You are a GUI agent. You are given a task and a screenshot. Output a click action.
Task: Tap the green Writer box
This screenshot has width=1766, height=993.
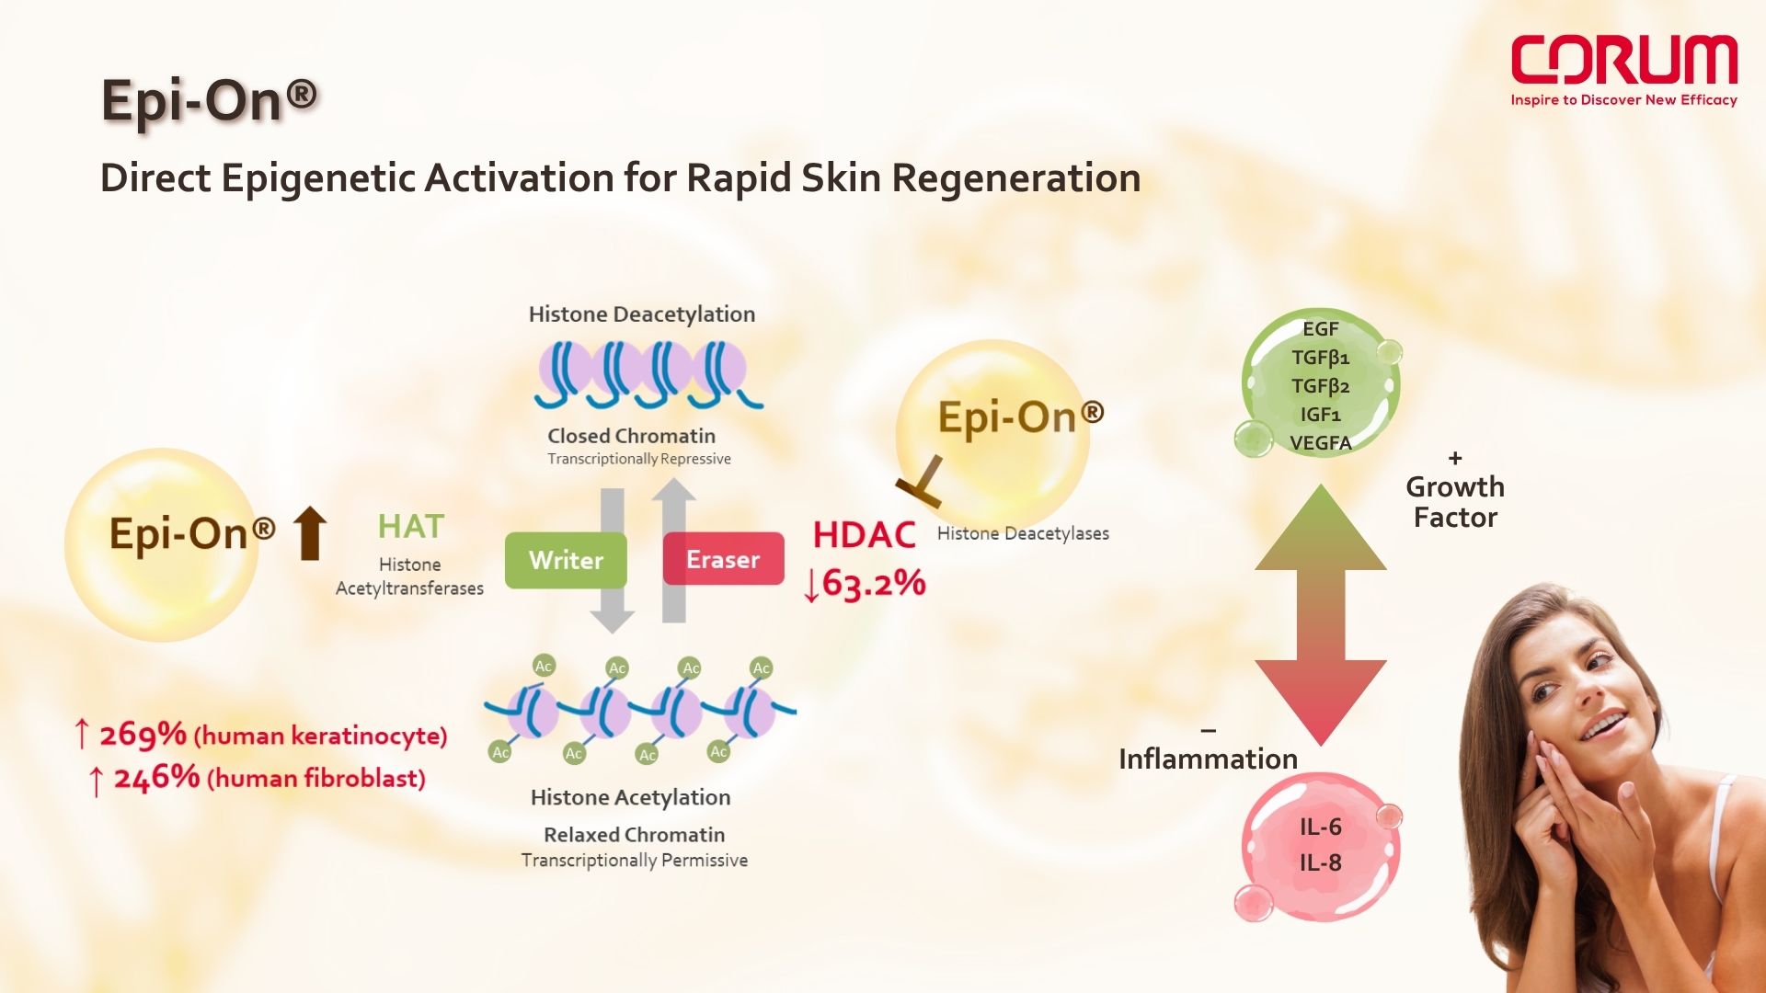(566, 560)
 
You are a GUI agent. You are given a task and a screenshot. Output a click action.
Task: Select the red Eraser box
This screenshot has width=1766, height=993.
(723, 559)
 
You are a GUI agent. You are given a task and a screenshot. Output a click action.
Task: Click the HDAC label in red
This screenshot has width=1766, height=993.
(864, 535)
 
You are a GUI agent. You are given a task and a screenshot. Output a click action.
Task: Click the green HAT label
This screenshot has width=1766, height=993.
(411, 527)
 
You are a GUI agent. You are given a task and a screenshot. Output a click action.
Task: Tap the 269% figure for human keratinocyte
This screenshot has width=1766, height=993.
(143, 735)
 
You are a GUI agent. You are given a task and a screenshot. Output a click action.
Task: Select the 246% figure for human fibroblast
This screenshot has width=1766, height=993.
(156, 778)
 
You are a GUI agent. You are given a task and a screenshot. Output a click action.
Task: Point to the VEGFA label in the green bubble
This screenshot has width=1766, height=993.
(1321, 443)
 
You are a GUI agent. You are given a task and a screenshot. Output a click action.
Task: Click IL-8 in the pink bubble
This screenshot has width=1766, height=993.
(1321, 862)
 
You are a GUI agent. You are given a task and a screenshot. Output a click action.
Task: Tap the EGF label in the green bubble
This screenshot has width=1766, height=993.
(1321, 329)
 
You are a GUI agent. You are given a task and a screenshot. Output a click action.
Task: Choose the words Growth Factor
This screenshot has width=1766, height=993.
(1455, 502)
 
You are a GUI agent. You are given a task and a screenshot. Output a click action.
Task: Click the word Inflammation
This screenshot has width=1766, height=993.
(1208, 759)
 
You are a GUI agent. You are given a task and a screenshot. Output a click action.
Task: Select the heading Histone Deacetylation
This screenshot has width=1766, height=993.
(642, 314)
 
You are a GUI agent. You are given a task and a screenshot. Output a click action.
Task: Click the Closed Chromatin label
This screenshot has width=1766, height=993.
(631, 436)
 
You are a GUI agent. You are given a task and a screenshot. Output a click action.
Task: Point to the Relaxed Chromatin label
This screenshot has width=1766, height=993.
(634, 835)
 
